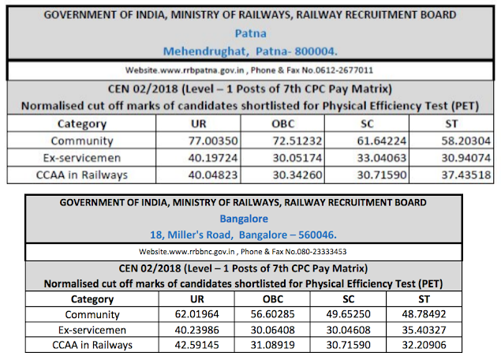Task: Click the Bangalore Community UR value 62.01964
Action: tap(199, 314)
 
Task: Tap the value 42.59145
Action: tap(199, 345)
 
